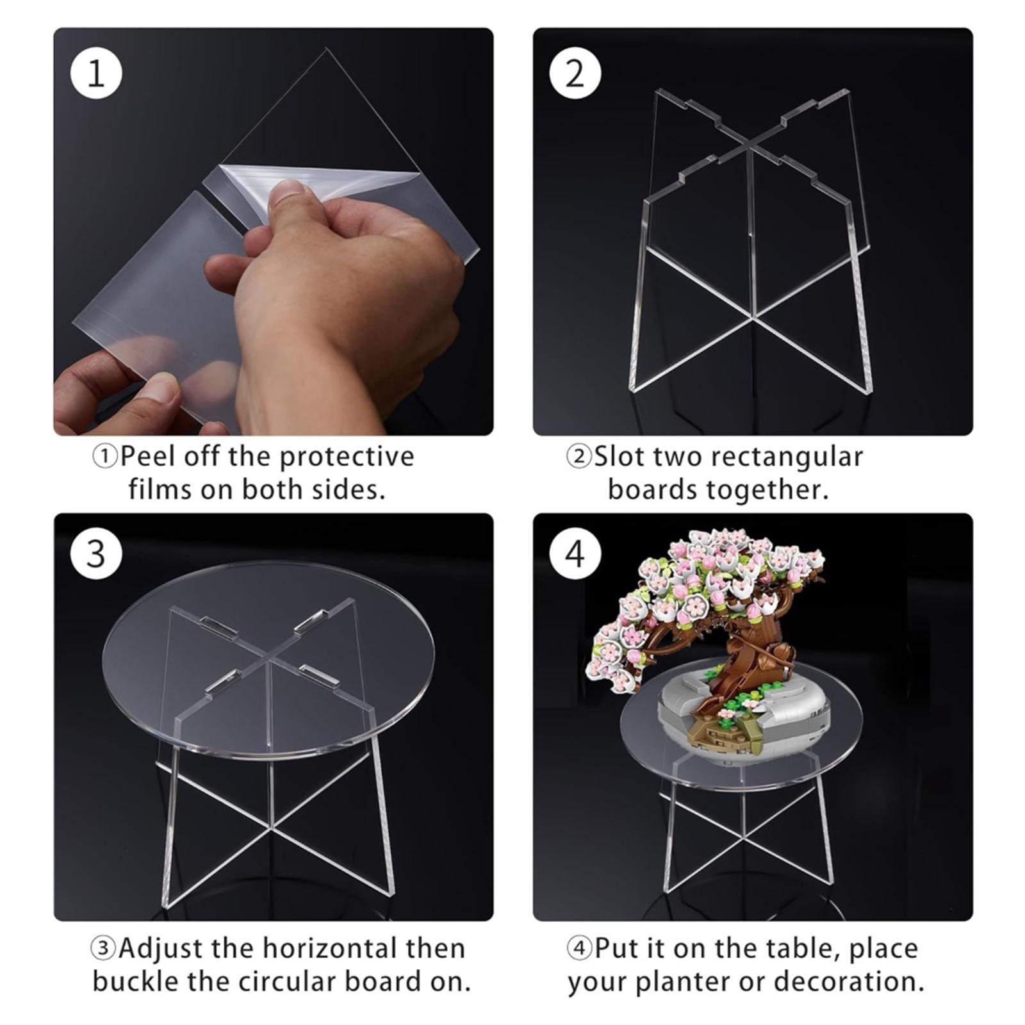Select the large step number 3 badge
click(95, 553)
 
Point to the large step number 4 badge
click(575, 553)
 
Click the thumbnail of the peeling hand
click(274, 231)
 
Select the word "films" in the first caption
click(160, 490)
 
